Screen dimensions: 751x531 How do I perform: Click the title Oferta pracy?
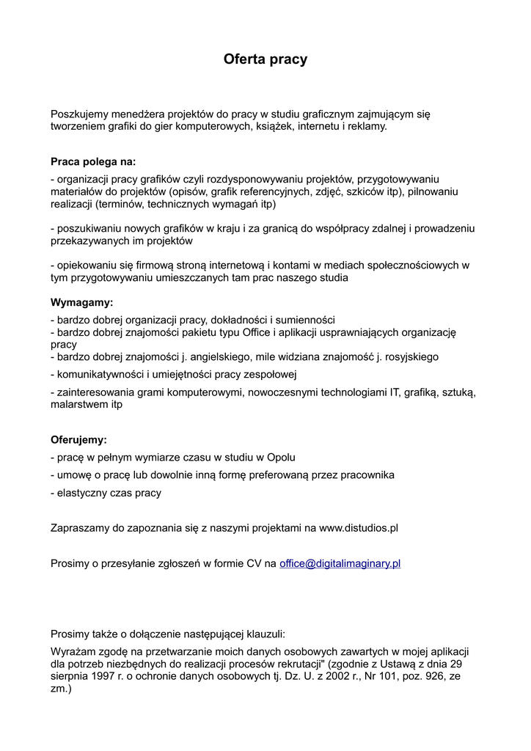click(265, 59)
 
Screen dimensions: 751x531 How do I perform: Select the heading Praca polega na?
click(93, 161)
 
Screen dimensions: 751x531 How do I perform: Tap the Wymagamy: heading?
click(81, 302)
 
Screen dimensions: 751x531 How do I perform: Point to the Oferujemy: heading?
click(78, 440)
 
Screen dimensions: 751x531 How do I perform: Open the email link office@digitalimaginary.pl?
click(340, 563)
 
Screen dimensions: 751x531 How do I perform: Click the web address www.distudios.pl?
click(359, 528)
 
